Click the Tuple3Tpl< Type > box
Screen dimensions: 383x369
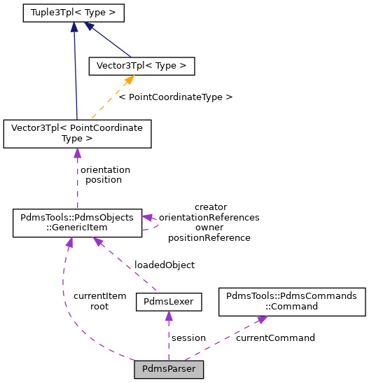point(74,13)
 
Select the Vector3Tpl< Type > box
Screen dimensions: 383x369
point(141,66)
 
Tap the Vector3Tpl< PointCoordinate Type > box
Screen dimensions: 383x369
point(77,133)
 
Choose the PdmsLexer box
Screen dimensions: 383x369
point(169,302)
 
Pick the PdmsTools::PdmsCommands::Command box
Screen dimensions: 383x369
point(292,301)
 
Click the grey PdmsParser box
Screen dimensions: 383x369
point(169,368)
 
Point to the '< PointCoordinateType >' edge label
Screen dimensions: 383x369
point(175,97)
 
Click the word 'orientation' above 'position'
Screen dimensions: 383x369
point(105,169)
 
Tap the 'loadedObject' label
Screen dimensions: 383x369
point(165,265)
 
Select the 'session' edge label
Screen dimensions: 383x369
point(188,337)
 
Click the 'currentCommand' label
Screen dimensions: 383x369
point(275,337)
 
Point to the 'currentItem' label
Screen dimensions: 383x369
point(99,296)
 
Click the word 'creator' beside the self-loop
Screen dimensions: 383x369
point(210,207)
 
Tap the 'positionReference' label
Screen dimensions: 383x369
point(209,237)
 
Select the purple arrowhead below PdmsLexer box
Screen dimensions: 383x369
point(169,316)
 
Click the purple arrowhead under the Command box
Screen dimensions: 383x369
point(261,319)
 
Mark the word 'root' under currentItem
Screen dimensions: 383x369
point(99,307)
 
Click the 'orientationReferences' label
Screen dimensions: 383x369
point(209,217)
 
